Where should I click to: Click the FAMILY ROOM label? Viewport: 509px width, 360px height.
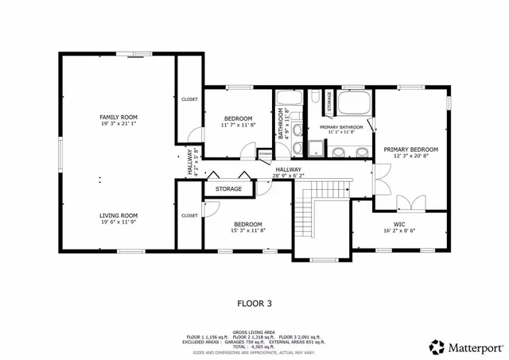[x=119, y=117]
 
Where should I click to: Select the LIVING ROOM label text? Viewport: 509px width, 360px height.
[x=119, y=215]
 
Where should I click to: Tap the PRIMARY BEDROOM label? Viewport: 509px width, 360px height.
[x=410, y=149]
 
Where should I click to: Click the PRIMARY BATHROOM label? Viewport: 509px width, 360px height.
[x=341, y=127]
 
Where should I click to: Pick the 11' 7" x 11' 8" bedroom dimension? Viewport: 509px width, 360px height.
[x=238, y=125]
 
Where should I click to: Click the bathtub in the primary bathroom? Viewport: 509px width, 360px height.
[x=353, y=103]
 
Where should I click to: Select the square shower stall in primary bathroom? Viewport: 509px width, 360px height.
[x=316, y=146]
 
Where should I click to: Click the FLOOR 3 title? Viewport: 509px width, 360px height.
[x=254, y=303]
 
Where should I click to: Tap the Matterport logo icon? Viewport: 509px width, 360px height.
[x=437, y=346]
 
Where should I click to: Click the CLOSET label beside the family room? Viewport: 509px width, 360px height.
[x=189, y=99]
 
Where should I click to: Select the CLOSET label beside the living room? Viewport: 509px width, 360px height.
[x=189, y=215]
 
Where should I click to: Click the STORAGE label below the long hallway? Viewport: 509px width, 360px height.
[x=228, y=189]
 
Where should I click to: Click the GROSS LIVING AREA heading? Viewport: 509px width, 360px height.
[x=254, y=331]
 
